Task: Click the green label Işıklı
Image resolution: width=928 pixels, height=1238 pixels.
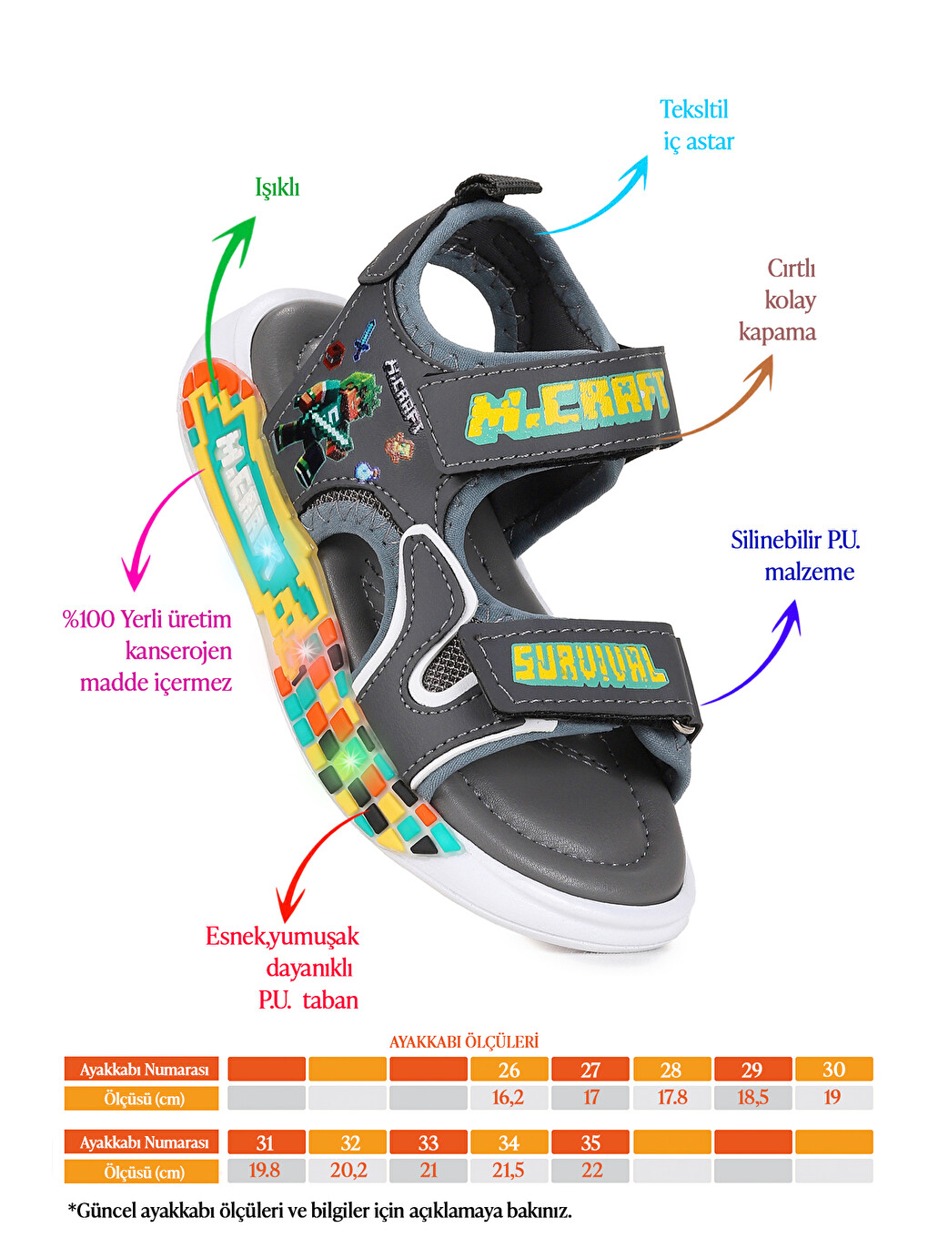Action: click(277, 188)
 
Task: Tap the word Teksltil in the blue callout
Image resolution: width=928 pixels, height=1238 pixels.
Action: click(693, 109)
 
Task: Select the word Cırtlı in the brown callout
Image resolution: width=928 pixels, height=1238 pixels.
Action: click(792, 268)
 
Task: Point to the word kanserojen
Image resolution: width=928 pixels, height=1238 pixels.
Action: click(178, 651)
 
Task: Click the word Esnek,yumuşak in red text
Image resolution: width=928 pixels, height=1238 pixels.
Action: click(282, 937)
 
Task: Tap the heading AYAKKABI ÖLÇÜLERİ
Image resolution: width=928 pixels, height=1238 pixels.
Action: click(464, 1041)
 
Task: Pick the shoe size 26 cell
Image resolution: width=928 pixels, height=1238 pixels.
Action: click(509, 1070)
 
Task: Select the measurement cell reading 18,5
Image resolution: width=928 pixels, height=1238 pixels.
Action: click(752, 1098)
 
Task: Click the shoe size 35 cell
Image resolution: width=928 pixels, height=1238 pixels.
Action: click(590, 1142)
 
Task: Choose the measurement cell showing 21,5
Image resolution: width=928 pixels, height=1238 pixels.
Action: click(509, 1171)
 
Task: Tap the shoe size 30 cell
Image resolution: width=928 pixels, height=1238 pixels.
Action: click(834, 1070)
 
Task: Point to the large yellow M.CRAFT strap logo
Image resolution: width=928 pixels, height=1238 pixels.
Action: click(570, 406)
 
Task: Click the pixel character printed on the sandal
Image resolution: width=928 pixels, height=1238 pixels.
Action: click(327, 426)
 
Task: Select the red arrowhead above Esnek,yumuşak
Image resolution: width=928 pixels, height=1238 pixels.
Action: click(290, 900)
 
